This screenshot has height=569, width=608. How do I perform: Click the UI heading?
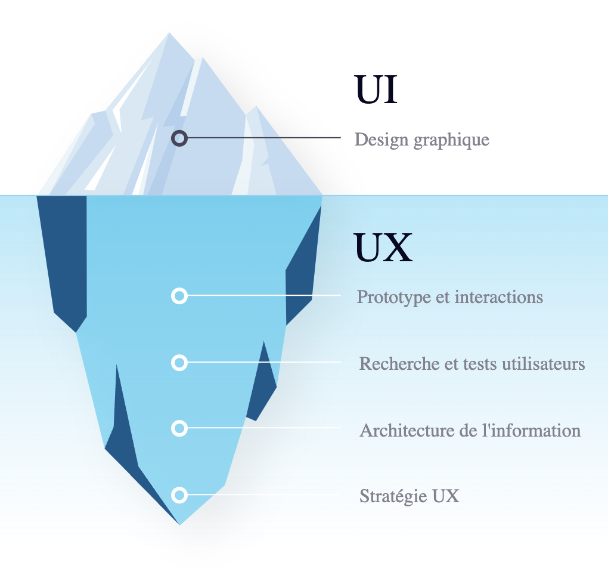[376, 90]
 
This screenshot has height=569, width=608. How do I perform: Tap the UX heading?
[383, 248]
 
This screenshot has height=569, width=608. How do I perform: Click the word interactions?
[499, 296]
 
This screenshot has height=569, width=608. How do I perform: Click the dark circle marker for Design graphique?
[179, 138]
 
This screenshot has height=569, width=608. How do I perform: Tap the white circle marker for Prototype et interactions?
[179, 296]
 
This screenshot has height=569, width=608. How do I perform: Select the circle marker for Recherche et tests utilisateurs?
[179, 363]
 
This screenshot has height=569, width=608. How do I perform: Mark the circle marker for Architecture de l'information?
[179, 428]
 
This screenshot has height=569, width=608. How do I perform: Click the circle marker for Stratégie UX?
[179, 494]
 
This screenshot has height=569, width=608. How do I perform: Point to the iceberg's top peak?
[169, 33]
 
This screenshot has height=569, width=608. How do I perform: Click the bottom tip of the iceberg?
[179, 523]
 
